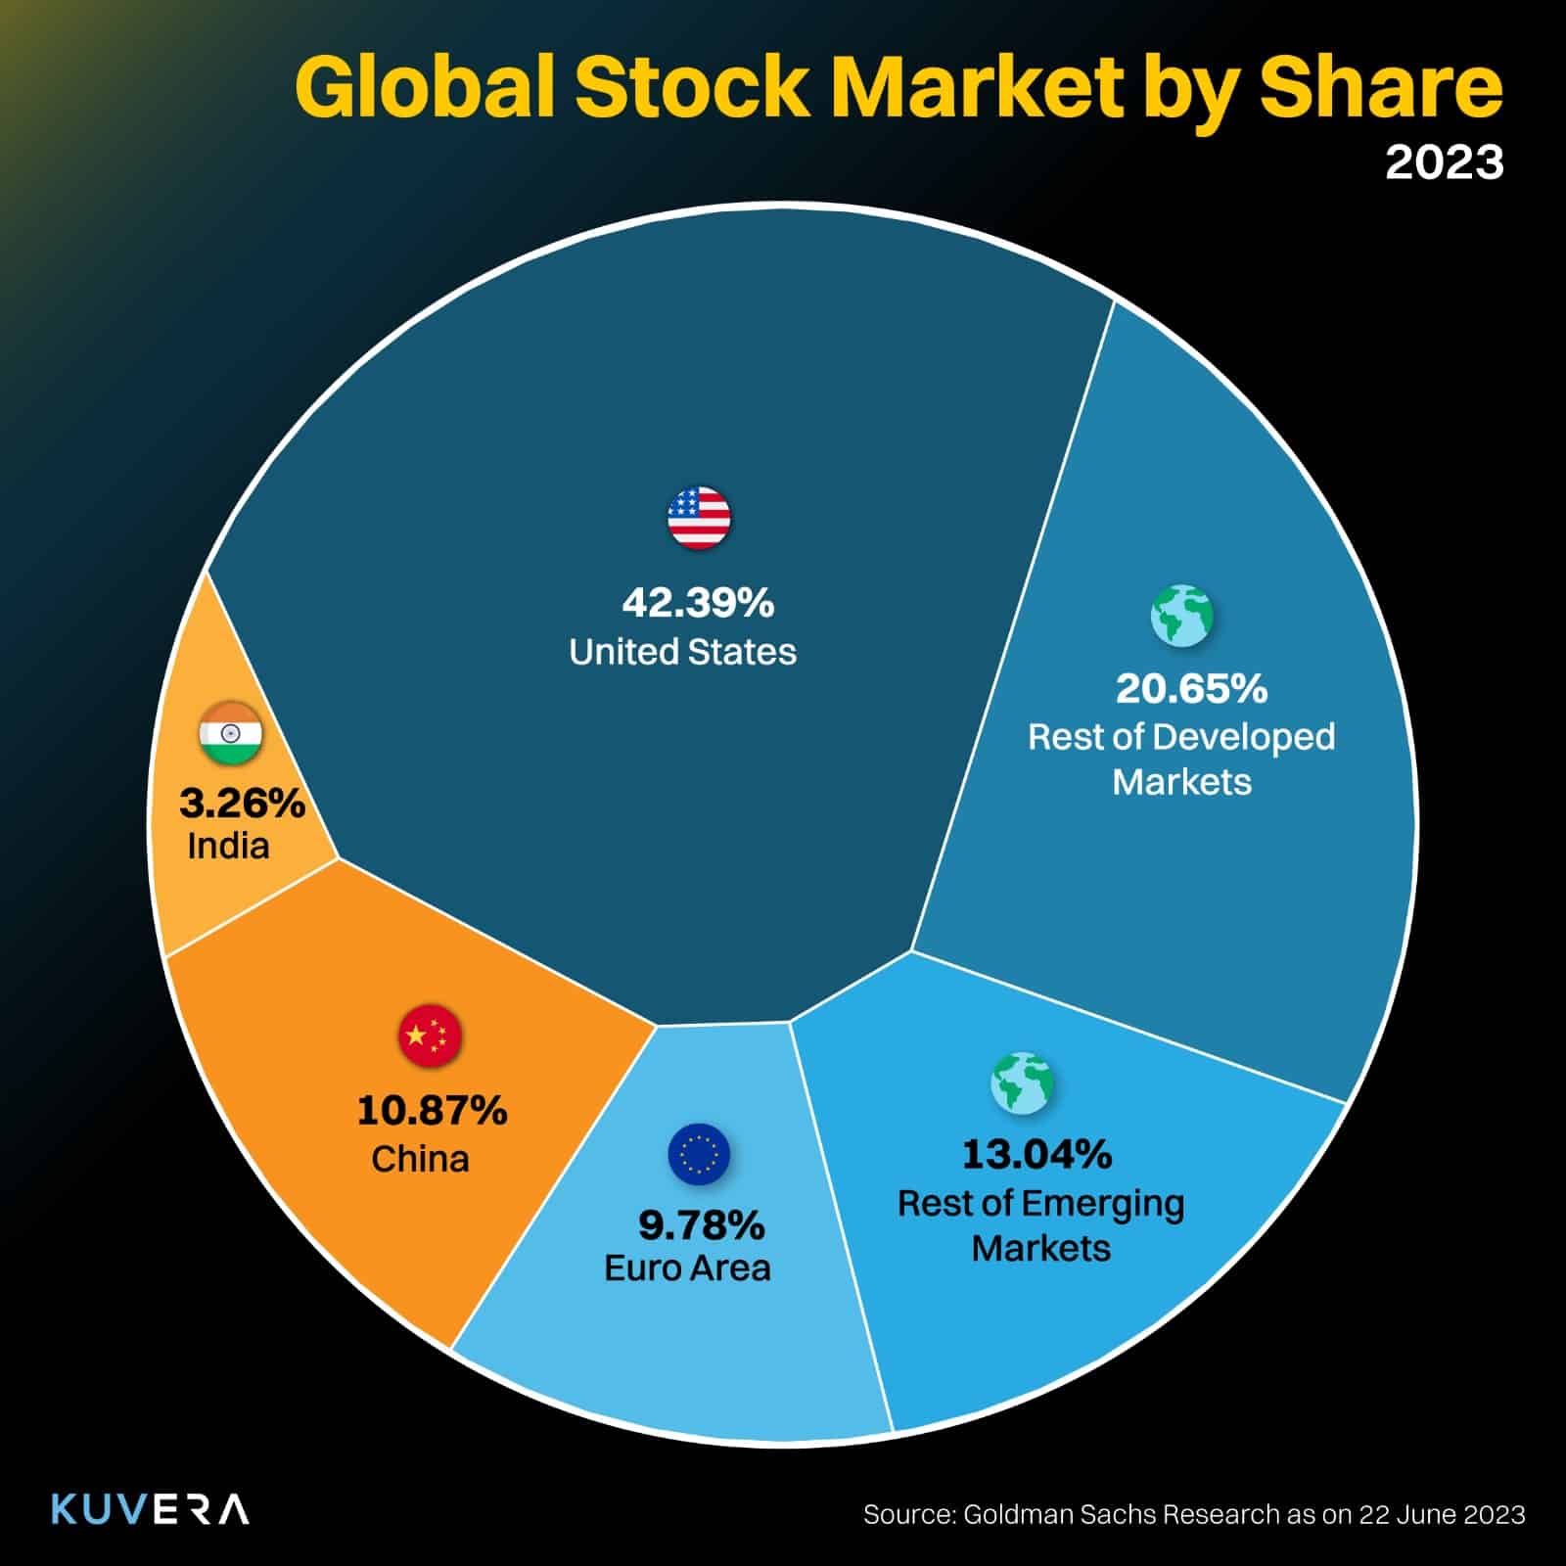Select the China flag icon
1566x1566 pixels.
[x=430, y=1036]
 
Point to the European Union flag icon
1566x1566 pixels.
[x=699, y=1153]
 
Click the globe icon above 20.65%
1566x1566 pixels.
[x=1182, y=616]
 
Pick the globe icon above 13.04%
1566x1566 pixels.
[x=1023, y=1083]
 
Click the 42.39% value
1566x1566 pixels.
[x=698, y=603]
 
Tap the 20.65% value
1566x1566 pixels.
[x=1191, y=689]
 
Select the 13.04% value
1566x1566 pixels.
[x=1036, y=1155]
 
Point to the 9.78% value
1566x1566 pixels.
[x=701, y=1223]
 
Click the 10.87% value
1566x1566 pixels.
[x=432, y=1111]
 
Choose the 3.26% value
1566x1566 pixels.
[x=242, y=805]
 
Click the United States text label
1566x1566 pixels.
[x=682, y=652]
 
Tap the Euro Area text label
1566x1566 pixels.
[x=687, y=1268]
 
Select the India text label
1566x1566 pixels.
[x=228, y=846]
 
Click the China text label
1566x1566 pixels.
[x=420, y=1160]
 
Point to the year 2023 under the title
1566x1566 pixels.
[x=1444, y=162]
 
